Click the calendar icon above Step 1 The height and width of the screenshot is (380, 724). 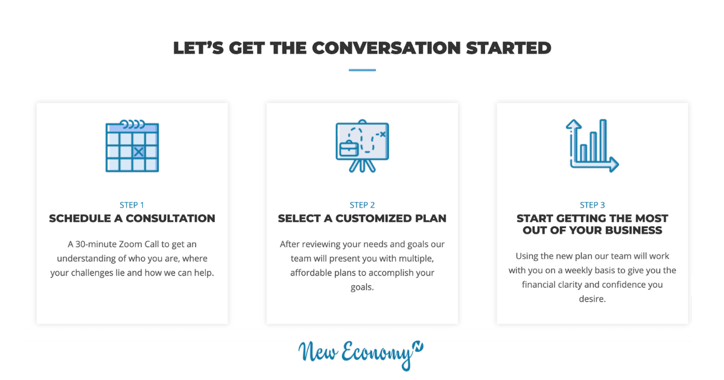point(132,146)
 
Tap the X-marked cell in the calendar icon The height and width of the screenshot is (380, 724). point(139,151)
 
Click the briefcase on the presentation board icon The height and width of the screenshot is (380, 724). point(349,148)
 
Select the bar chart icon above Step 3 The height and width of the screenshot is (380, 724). point(592,146)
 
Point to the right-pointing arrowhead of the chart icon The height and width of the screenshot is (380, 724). point(614,164)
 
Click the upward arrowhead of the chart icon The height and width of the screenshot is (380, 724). point(574,124)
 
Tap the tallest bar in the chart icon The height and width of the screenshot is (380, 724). point(603,141)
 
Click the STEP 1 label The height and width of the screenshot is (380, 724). point(132,205)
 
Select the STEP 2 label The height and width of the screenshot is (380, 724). point(362,205)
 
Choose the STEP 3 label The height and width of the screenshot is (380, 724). point(592,205)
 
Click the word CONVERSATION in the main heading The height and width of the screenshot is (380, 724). point(386,48)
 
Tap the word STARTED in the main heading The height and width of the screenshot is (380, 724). point(509,48)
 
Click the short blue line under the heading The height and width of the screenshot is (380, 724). point(362,70)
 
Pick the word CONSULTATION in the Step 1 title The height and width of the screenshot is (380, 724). point(170,218)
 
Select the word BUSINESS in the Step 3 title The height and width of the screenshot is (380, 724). point(634,230)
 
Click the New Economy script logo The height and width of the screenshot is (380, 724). point(361,355)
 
